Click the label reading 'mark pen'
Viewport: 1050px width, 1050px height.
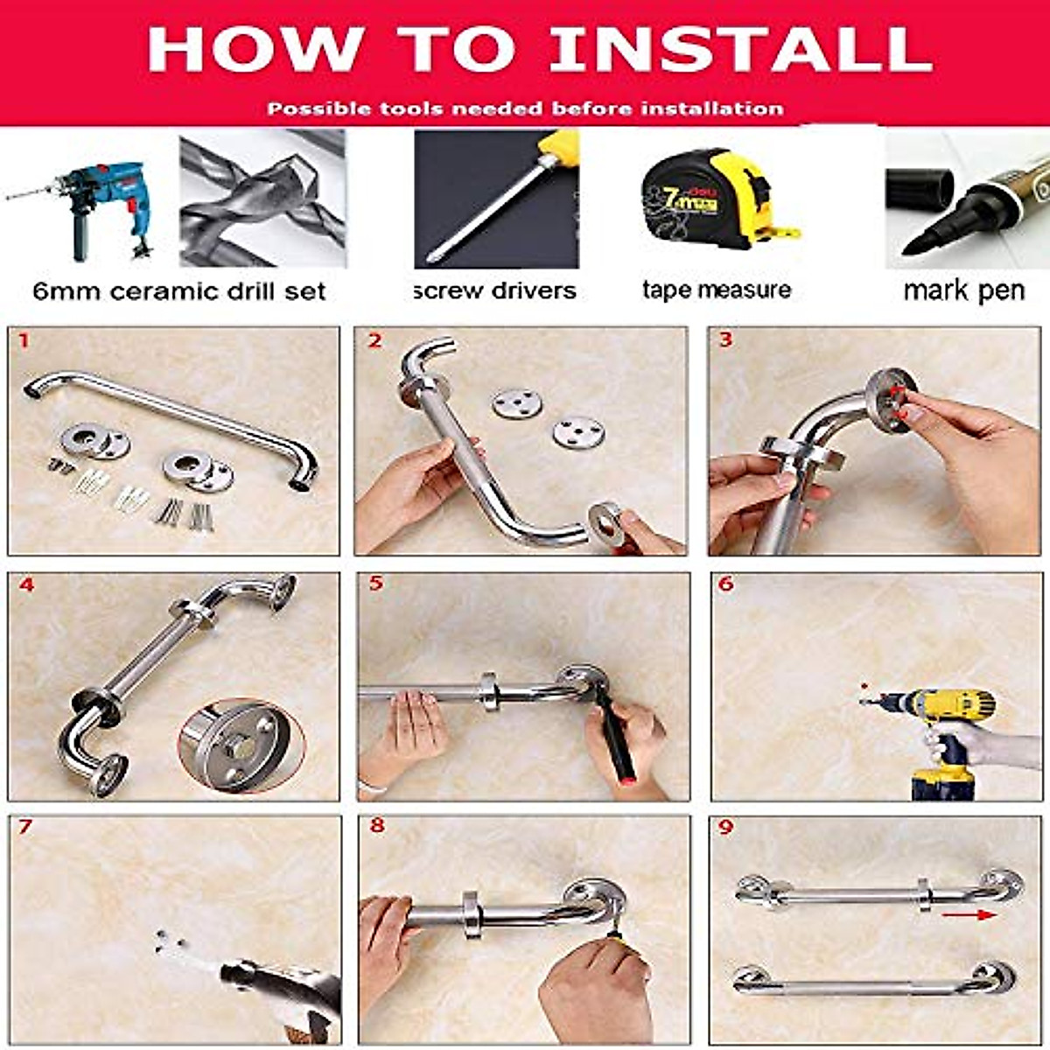pos(963,290)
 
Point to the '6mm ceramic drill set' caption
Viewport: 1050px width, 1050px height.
pos(179,291)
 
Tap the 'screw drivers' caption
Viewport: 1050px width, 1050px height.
pos(495,290)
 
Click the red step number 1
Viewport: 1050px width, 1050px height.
pos(24,339)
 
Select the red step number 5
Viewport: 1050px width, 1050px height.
pos(375,584)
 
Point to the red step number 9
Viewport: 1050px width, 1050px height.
pos(725,827)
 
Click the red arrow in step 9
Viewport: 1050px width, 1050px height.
pos(973,915)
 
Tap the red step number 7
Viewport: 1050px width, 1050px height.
pos(24,827)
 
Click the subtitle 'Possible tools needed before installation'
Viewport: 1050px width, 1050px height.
pos(525,109)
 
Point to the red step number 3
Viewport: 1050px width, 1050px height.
pos(725,339)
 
